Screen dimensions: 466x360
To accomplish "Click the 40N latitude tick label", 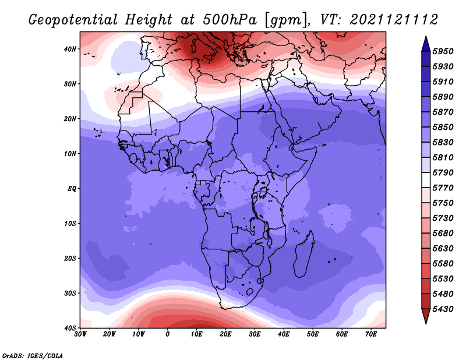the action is (70, 49).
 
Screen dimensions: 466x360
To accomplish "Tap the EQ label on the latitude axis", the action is (72, 189).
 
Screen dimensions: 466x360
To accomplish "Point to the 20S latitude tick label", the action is (70, 258).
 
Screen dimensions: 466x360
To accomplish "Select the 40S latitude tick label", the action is (70, 328).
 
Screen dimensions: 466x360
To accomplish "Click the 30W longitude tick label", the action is (80, 334).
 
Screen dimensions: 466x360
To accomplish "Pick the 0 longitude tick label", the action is (168, 334).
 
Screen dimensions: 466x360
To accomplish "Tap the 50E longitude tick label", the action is (313, 334).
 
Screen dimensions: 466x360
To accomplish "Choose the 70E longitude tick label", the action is (371, 334).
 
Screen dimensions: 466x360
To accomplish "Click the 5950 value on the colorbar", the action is (443, 51).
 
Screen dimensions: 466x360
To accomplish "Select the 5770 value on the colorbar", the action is (443, 188).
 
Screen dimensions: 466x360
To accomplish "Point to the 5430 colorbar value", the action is (443, 309).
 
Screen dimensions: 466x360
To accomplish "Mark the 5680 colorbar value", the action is (443, 234).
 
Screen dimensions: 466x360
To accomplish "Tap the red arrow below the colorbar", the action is (426, 316).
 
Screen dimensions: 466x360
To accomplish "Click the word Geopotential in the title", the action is (73, 20).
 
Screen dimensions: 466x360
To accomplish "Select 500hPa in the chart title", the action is (230, 20).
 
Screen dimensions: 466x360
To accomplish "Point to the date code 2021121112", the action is (394, 20).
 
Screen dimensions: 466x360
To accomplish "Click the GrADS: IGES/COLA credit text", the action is (33, 355).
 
